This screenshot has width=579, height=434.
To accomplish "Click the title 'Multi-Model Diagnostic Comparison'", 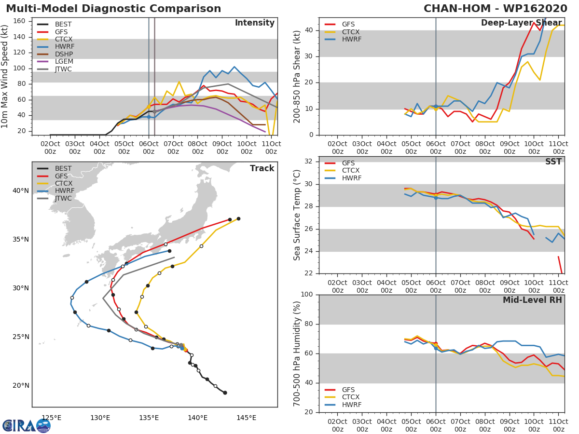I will click(x=113, y=9).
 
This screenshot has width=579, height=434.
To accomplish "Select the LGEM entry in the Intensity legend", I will click(x=63, y=62).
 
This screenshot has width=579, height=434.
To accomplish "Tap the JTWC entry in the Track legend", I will click(x=63, y=198).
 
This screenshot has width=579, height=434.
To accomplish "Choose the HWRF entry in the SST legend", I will click(x=351, y=178).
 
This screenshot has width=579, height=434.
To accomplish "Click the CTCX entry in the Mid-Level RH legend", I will click(x=351, y=397).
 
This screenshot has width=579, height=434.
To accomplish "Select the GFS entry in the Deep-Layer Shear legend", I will click(x=348, y=24).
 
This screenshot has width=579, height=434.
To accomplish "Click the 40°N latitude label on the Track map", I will click(x=21, y=191).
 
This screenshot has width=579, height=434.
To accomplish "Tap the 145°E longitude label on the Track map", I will click(x=246, y=418).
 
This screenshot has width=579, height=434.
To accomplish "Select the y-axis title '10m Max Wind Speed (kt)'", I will click(x=5, y=77).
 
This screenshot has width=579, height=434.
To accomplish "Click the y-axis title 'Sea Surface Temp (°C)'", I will click(x=297, y=215).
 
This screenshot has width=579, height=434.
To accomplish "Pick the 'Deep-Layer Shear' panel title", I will click(x=521, y=23).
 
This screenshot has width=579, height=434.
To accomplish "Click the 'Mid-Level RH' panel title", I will click(x=532, y=300).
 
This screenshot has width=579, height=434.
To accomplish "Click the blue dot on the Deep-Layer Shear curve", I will click(x=436, y=106).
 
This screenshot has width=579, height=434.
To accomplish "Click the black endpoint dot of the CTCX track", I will click(x=238, y=218).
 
